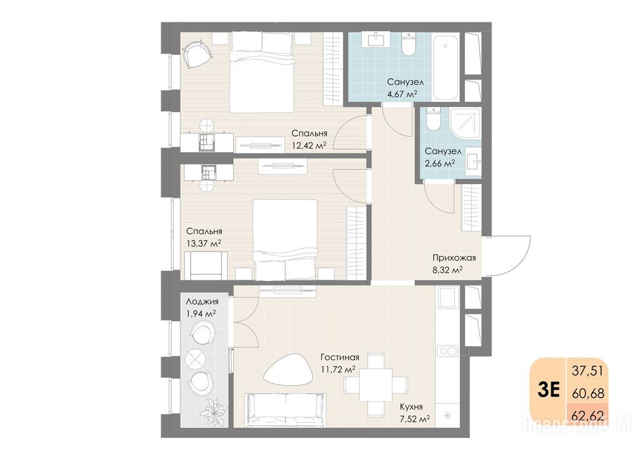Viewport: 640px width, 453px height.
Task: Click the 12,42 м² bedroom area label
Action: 309,145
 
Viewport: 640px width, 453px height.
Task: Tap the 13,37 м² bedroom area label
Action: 203,243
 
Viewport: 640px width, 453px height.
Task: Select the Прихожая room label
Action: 454,258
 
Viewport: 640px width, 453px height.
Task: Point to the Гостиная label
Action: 339,357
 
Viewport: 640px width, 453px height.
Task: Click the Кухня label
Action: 411,407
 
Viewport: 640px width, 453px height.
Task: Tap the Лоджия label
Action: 202,302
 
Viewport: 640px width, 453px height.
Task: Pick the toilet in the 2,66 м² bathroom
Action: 432,119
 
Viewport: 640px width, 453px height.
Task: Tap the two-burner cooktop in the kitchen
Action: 447,350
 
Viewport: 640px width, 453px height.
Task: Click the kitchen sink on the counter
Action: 447,297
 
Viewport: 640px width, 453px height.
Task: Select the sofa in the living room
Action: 285,409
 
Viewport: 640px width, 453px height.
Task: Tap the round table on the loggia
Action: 197,359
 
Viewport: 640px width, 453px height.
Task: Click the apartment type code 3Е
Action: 548,390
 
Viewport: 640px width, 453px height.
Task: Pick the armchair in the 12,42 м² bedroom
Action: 197,54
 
